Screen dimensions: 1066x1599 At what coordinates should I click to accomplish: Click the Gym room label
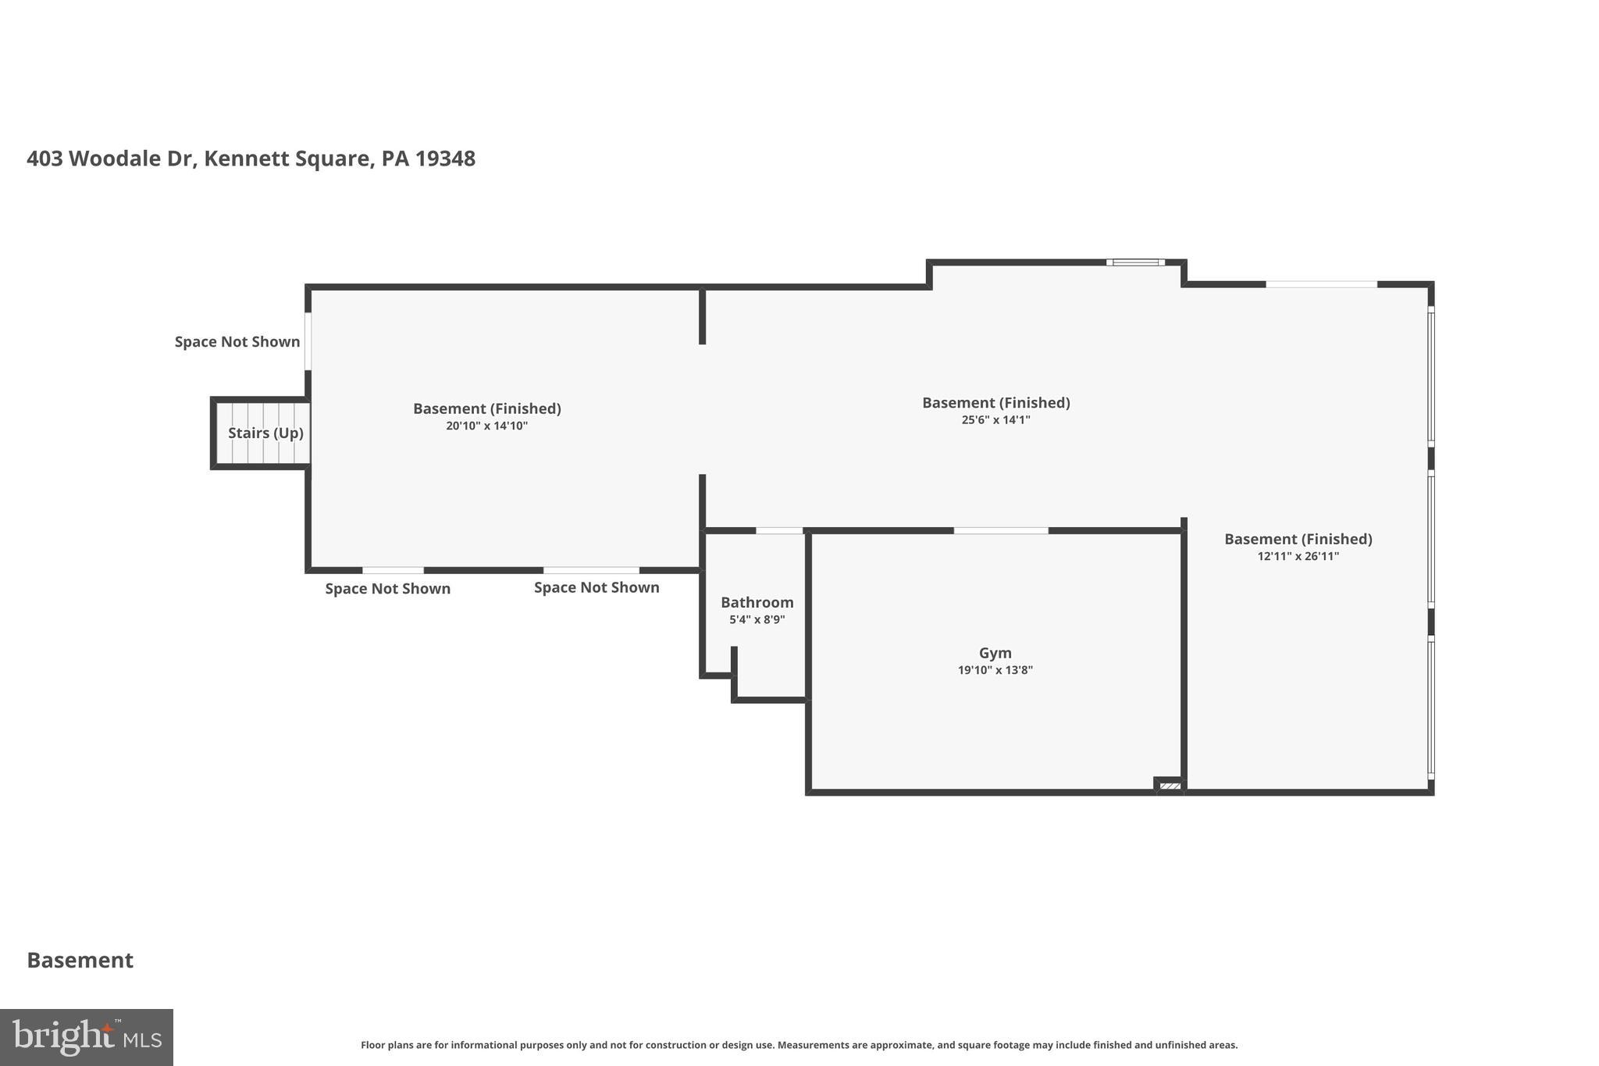click(995, 653)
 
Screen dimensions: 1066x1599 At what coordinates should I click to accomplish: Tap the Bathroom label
click(757, 602)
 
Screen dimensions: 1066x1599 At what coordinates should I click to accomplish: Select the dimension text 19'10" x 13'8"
click(995, 670)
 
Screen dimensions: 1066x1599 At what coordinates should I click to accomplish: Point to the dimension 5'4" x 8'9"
click(757, 620)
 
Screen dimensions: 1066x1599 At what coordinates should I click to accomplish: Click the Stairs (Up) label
click(265, 433)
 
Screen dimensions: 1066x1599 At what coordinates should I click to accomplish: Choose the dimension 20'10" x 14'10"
click(486, 426)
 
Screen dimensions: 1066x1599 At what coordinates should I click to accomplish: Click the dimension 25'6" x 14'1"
click(995, 420)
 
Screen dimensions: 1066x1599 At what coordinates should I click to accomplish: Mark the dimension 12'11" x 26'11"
click(1298, 557)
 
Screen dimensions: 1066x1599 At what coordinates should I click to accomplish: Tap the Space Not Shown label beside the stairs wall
click(237, 341)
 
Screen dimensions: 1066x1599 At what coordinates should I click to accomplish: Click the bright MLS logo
click(86, 1037)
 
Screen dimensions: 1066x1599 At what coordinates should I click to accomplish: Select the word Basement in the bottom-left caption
click(80, 960)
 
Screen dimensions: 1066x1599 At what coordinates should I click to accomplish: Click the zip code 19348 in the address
click(445, 159)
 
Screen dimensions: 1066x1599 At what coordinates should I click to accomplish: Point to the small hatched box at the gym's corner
click(1169, 786)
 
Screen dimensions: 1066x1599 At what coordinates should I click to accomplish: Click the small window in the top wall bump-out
click(1135, 262)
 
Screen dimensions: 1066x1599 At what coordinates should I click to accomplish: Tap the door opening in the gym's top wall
click(1000, 531)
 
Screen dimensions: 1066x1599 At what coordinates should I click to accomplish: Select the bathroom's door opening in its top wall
click(778, 531)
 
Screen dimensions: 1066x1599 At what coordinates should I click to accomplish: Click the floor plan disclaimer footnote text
click(799, 1045)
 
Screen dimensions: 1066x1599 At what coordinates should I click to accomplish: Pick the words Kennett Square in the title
click(287, 159)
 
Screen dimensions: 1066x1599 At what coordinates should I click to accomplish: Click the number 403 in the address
click(45, 159)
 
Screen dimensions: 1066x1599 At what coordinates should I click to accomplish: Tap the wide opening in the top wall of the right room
click(1321, 284)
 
